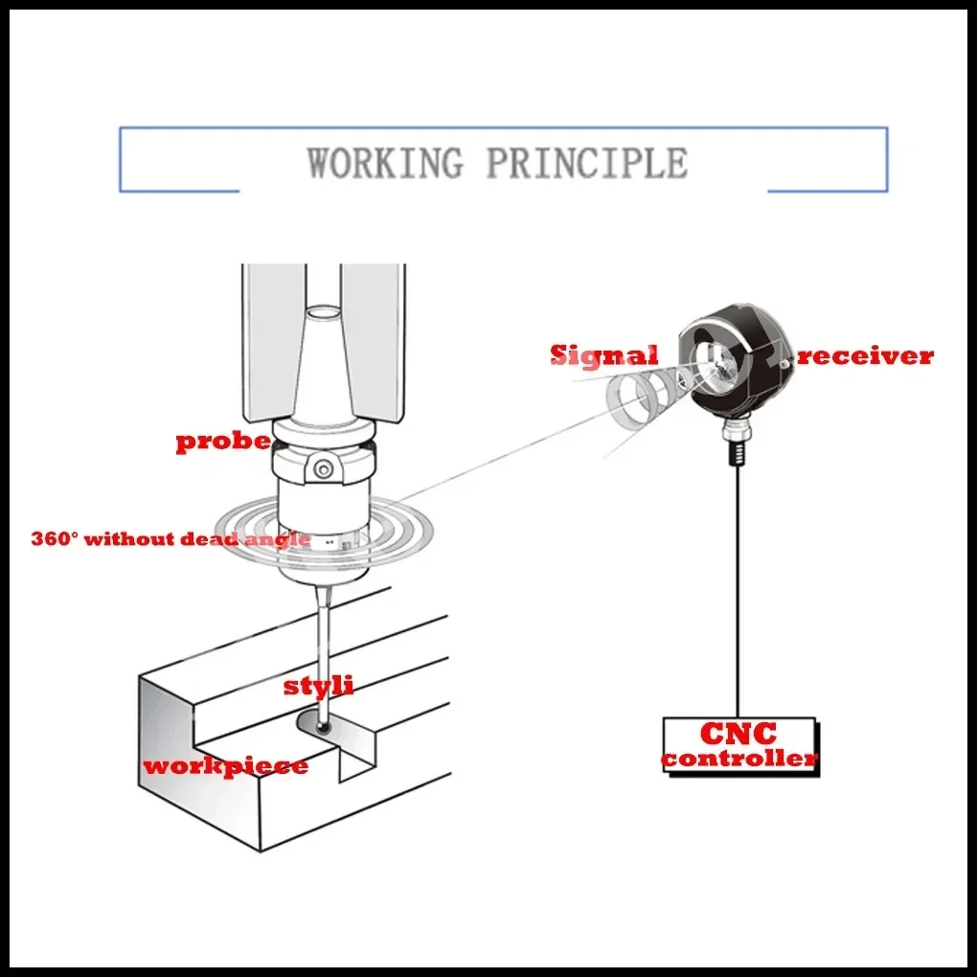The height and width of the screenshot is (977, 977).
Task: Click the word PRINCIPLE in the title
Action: (x=586, y=162)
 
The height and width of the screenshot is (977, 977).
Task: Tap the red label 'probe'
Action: (x=222, y=442)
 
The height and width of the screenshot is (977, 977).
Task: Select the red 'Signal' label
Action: (x=603, y=355)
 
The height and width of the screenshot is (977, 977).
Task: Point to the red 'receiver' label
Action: (x=865, y=356)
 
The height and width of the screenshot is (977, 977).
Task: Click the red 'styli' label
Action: (x=318, y=686)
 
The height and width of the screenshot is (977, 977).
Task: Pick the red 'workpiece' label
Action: (x=225, y=766)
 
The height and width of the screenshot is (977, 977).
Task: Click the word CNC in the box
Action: (x=738, y=735)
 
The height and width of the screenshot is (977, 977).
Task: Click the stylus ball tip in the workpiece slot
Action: (x=325, y=728)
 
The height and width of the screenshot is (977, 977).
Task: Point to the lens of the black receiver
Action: (x=716, y=365)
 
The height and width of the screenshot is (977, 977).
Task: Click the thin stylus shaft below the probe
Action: (x=321, y=651)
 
